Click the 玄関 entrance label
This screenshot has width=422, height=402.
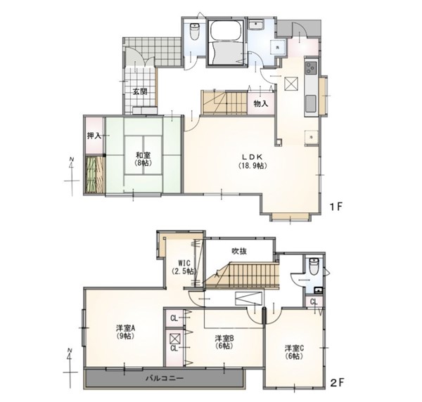pos(140,91)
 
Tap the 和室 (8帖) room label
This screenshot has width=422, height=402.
pos(143,159)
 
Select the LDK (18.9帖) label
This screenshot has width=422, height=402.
pos(252,162)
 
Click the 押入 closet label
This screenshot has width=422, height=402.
pos(94,136)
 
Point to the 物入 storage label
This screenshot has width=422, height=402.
pos(261,103)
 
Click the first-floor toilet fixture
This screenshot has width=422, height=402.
pos(194,31)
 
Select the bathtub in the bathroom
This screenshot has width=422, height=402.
pos(226,31)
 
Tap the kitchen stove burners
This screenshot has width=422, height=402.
pos(311,67)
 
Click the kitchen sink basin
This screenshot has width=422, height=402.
pos(311,103)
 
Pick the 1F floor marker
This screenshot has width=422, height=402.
pos(336,207)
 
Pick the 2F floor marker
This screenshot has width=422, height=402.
pos(337,382)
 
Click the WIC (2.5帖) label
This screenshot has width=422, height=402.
pos(184,267)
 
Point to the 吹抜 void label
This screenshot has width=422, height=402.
pos(239,251)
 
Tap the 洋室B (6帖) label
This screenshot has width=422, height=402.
pos(224,342)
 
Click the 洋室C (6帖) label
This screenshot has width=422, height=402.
pos(295,352)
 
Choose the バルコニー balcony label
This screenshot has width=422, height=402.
pos(165,378)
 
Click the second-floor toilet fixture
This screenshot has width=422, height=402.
pos(314,266)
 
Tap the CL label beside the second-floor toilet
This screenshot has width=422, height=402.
pos(314,301)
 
